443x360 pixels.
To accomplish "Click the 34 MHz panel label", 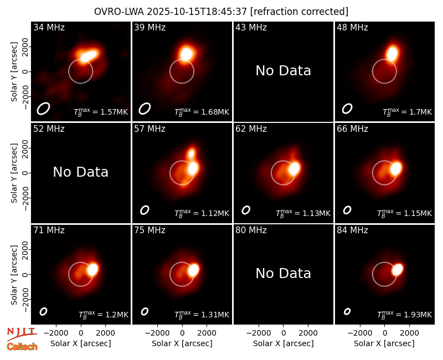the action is (x=49, y=27).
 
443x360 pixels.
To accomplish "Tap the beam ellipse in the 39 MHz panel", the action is (x=145, y=109).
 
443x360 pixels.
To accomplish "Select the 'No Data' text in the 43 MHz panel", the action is (x=284, y=71).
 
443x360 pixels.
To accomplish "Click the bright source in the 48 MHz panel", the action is (x=393, y=53).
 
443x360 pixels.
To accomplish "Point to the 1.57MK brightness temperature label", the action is (x=101, y=112).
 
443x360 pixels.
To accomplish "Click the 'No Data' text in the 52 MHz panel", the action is (x=81, y=172).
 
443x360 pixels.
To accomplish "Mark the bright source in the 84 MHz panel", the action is (x=397, y=269).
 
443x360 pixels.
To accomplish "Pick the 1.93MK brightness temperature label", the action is (x=405, y=315).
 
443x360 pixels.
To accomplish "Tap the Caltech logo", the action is (x=22, y=347).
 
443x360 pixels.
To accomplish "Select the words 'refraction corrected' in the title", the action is (x=300, y=12).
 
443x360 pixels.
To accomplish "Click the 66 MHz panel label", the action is (x=352, y=129).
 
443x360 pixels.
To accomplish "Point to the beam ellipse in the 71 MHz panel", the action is (x=43, y=311).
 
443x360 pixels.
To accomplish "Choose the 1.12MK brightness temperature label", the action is (x=202, y=213).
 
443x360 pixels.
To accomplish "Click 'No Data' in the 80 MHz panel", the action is (x=284, y=274).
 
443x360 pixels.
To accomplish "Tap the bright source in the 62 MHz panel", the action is (x=295, y=168).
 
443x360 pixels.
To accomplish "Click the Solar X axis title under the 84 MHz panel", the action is (x=384, y=343).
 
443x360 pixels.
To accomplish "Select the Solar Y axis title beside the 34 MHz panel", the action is (x=14, y=72).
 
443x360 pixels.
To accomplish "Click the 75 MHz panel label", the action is (x=150, y=230).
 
